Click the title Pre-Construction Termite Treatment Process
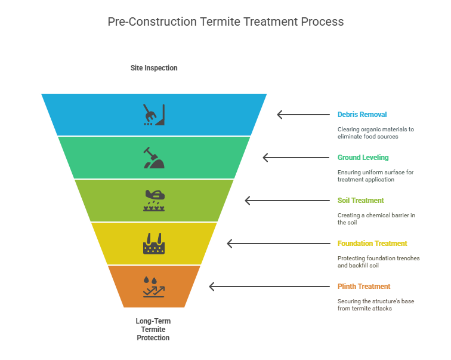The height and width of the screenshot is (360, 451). (225, 21)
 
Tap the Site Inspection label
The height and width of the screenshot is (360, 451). (154, 68)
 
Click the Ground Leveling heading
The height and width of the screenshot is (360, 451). (363, 158)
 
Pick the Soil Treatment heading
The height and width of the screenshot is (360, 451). (360, 201)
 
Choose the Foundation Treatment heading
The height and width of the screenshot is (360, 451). (372, 244)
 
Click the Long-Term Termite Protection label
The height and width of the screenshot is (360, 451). (153, 329)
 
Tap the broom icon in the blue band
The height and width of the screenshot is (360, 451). (154, 115)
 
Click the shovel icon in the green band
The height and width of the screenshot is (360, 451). (154, 158)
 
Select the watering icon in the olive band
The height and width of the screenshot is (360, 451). (154, 201)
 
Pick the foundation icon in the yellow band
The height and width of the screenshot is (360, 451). (154, 244)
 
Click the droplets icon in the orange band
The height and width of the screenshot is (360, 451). (154, 287)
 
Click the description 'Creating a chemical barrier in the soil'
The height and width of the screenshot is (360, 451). (376, 219)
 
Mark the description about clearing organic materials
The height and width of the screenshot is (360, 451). (375, 133)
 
